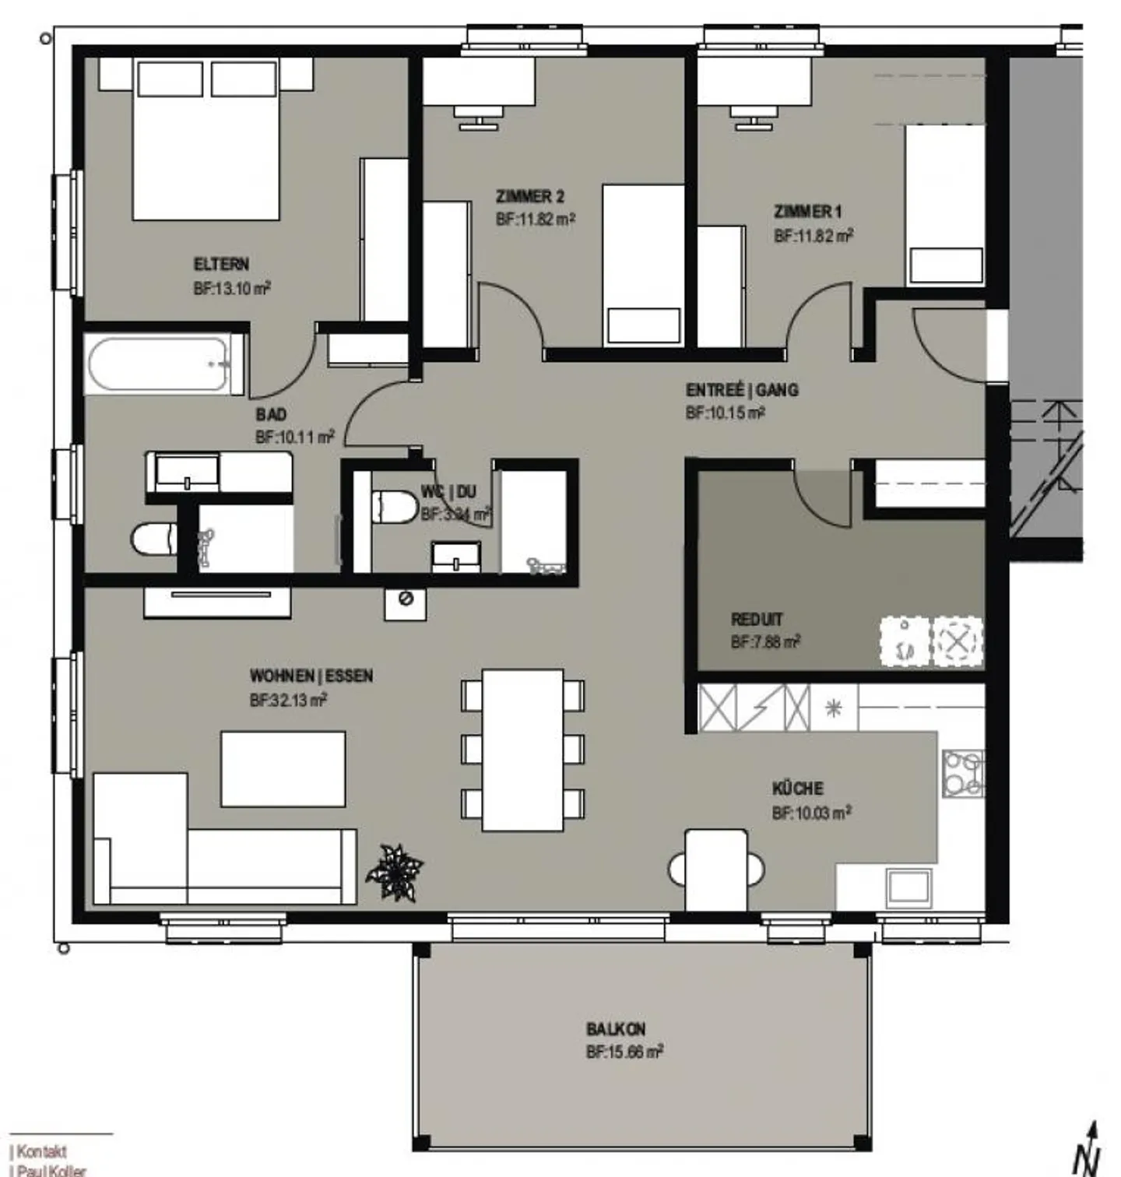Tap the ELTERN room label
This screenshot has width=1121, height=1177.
tap(221, 264)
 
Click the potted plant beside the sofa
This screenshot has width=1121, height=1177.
tap(395, 872)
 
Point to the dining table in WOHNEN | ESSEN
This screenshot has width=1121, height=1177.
tap(522, 750)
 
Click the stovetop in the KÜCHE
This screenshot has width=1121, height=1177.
tap(962, 773)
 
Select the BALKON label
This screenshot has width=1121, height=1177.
tap(616, 1029)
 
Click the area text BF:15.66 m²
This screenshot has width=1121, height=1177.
tap(624, 1052)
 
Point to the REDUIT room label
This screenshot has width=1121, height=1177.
tap(757, 620)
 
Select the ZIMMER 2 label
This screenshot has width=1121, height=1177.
tap(530, 196)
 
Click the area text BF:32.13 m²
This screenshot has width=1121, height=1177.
tap(288, 701)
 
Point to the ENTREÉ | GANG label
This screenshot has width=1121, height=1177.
tap(742, 390)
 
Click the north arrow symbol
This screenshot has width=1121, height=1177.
tap(1089, 1151)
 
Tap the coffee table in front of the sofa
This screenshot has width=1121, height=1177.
tap(283, 768)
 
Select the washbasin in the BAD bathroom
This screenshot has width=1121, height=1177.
tap(188, 473)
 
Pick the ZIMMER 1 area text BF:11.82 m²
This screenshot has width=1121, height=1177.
tap(814, 236)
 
